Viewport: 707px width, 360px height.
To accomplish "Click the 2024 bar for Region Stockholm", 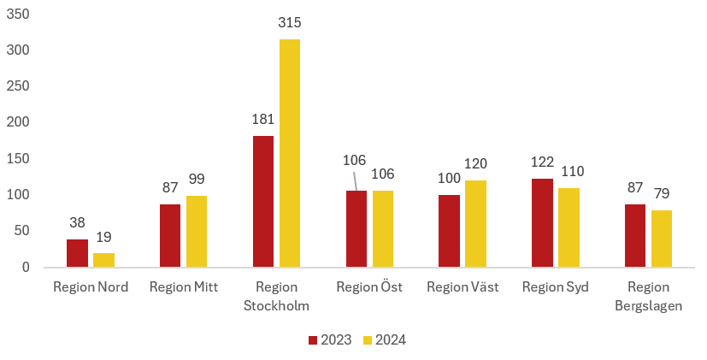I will click(x=290, y=154).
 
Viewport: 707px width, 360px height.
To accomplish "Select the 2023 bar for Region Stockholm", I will click(x=263, y=202).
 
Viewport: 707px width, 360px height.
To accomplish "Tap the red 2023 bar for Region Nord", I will click(x=78, y=253).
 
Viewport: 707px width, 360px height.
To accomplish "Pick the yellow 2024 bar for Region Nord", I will click(x=103, y=260).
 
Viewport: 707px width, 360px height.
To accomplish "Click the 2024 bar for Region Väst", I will click(x=475, y=224).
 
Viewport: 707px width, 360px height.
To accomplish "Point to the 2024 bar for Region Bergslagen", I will click(x=662, y=239).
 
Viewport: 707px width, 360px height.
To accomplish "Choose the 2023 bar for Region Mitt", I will click(x=170, y=236).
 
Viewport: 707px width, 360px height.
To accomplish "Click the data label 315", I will click(x=290, y=22).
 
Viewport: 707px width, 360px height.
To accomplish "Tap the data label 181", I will click(x=263, y=119).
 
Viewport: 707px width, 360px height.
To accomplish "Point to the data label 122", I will click(x=542, y=162).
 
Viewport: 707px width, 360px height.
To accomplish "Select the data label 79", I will click(x=662, y=192).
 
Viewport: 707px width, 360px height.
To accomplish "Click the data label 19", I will click(x=103, y=237).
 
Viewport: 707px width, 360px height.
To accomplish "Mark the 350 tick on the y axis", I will click(x=19, y=15).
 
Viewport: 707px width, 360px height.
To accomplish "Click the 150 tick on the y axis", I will click(x=19, y=158).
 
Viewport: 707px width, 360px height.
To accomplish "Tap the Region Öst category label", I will click(x=369, y=286).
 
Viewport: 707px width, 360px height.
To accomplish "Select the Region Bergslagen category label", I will click(x=648, y=296).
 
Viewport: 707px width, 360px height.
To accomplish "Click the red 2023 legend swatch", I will click(x=313, y=339).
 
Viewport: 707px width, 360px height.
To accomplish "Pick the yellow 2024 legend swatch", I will click(x=368, y=339).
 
